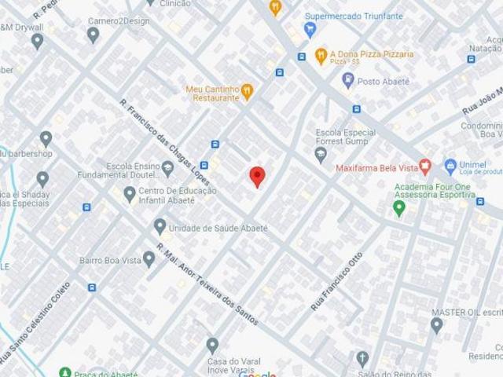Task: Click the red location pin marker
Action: click(x=257, y=176)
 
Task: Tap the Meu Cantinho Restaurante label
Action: click(x=212, y=93)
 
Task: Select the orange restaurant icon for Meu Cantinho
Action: click(x=247, y=92)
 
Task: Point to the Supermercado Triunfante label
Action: click(x=354, y=16)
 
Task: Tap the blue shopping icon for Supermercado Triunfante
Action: click(x=310, y=30)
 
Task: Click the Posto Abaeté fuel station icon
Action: click(x=348, y=80)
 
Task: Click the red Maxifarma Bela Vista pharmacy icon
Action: click(x=425, y=166)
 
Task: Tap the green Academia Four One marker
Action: click(x=399, y=208)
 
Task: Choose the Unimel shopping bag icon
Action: click(x=450, y=166)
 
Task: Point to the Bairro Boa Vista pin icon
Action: click(x=149, y=259)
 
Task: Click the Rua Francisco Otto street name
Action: click(x=337, y=280)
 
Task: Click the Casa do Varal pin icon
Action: click(x=212, y=345)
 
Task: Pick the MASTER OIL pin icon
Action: click(x=437, y=324)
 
